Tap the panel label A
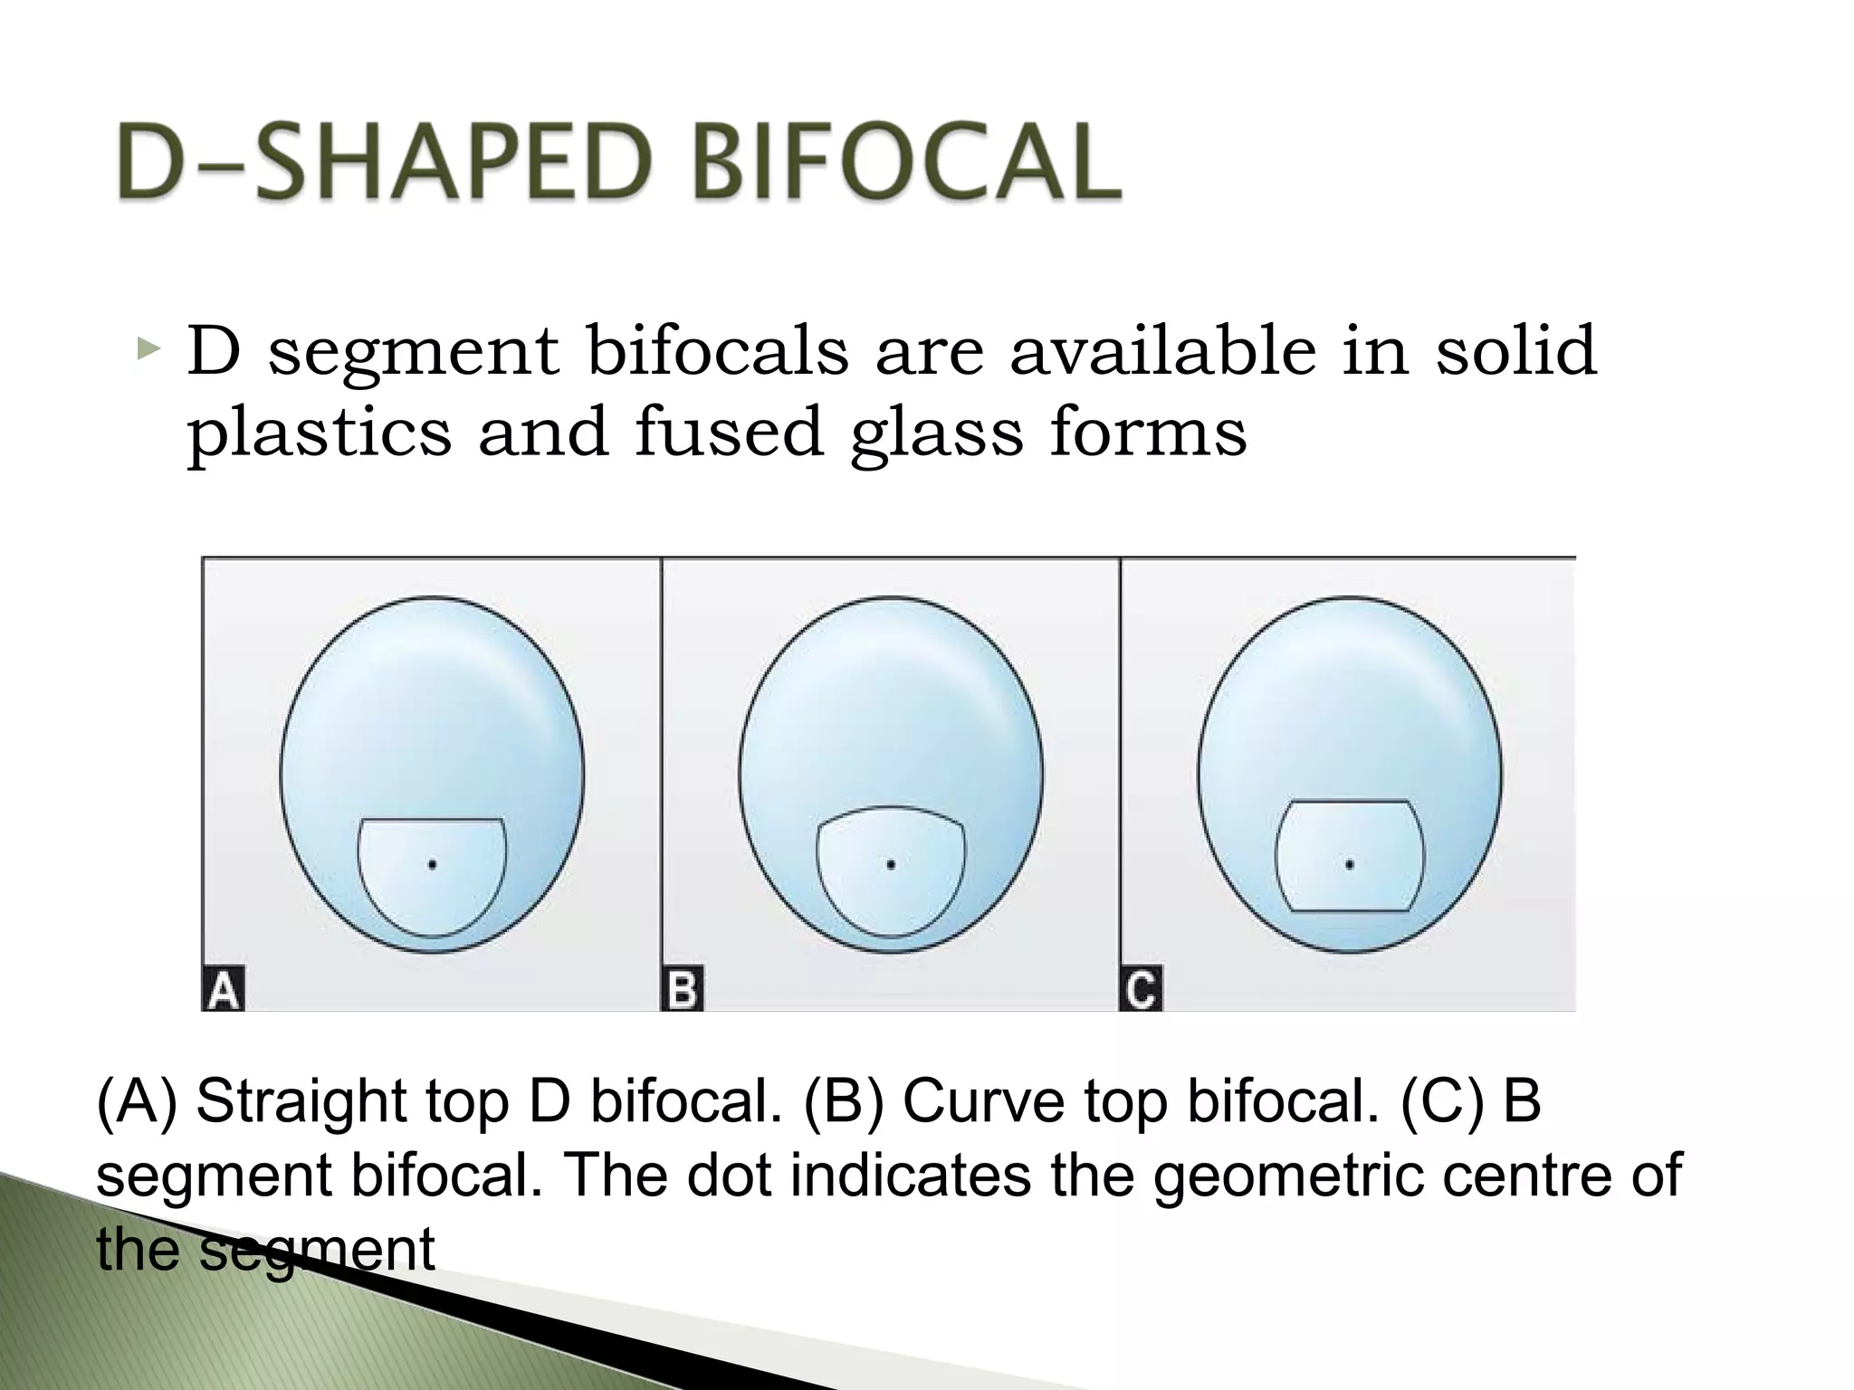click(224, 989)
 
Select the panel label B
click(683, 989)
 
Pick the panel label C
click(1142, 989)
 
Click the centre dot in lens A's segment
click(433, 865)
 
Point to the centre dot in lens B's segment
click(892, 865)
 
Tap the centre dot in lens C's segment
click(1350, 865)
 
